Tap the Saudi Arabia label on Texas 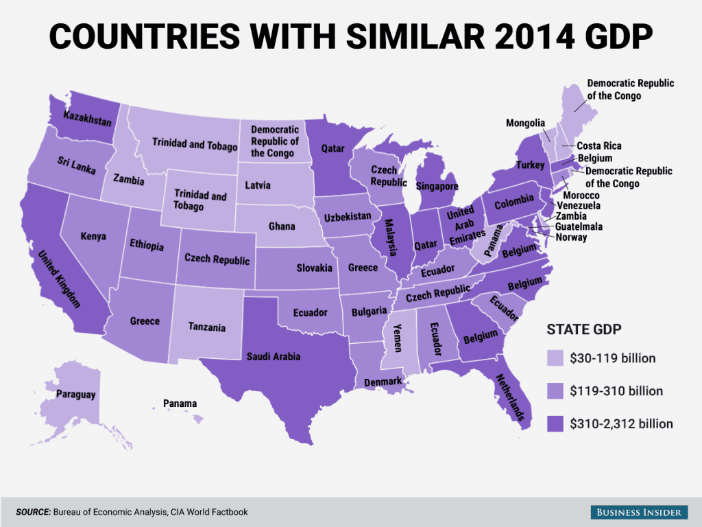click(x=274, y=356)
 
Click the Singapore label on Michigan click(x=437, y=186)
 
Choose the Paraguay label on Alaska click(x=77, y=395)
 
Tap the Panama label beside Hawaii click(x=180, y=403)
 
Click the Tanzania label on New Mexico click(x=207, y=327)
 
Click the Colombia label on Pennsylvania click(x=514, y=200)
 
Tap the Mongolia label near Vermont click(x=525, y=124)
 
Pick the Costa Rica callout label click(x=598, y=146)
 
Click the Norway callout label click(x=571, y=237)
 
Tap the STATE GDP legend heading click(x=583, y=329)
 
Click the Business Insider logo click(x=638, y=512)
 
